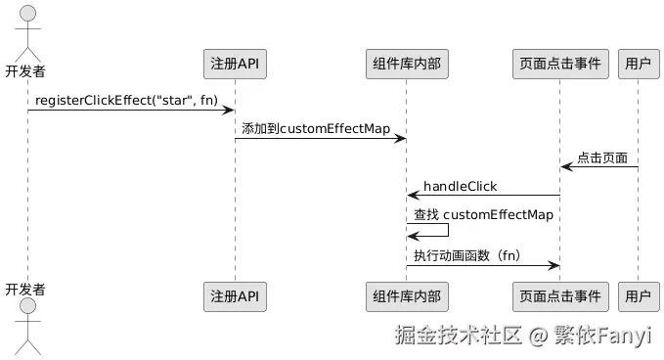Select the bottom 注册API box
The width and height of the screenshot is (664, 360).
pos(235,294)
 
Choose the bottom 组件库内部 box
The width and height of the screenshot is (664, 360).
pos(406,294)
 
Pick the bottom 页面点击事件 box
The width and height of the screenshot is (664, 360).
pos(560,294)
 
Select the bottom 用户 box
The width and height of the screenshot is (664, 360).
pos(638,294)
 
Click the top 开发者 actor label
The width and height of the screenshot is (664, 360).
pos(26,70)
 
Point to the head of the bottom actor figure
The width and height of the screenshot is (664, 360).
pos(27,308)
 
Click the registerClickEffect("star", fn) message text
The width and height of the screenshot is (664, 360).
pos(126,101)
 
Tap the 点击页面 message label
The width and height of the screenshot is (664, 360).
pos(601,157)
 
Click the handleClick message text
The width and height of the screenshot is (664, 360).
pos(460,186)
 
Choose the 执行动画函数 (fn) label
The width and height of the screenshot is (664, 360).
pos(466,256)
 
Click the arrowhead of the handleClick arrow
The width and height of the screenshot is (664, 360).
pos(413,196)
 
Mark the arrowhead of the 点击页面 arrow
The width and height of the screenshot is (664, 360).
pos(566,167)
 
